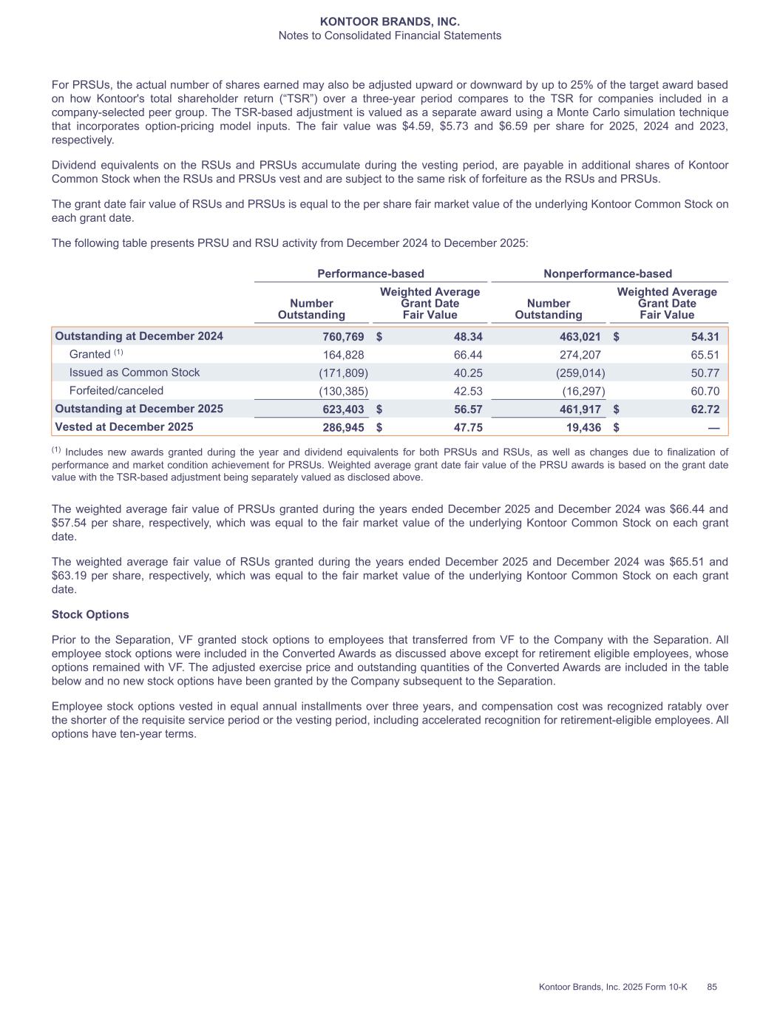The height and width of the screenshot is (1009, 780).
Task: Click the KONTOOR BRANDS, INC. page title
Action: point(390,22)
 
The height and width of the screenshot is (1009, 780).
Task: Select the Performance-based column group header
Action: point(370,274)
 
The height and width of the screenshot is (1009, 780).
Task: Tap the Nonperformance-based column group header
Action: point(608,274)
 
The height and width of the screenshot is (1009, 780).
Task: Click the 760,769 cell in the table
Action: point(343,336)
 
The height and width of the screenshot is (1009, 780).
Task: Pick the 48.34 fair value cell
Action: point(467,336)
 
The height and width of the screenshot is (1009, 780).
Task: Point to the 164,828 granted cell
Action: point(343,355)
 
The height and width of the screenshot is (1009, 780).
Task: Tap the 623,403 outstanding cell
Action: point(343,409)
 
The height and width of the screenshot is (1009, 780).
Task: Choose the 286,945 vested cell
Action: point(343,427)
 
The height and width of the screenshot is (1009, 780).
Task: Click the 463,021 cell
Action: point(580,336)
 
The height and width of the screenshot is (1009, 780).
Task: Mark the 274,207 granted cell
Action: point(580,355)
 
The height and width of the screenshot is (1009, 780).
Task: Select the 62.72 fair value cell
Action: point(705,409)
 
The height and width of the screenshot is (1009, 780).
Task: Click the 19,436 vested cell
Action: point(583,427)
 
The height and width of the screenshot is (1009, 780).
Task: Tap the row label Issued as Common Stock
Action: point(135,373)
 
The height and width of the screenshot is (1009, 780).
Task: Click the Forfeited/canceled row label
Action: point(116,390)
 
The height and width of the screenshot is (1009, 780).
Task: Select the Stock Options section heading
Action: point(90,614)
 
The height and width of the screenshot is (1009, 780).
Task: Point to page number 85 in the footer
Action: point(712,987)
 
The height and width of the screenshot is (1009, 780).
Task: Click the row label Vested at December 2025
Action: point(124,427)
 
